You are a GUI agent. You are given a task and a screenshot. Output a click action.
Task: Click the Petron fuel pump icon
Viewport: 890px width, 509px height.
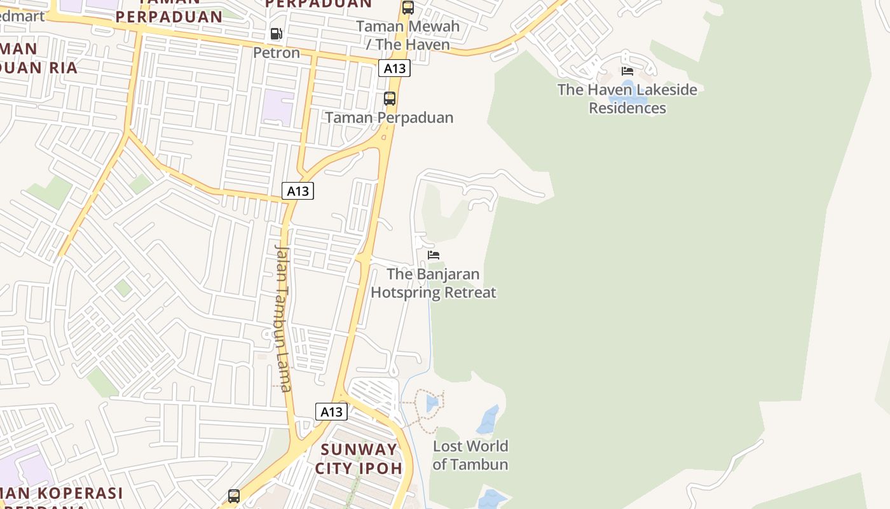coord(276,34)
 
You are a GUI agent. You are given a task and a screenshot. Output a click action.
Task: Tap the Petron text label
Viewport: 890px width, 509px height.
coord(277,52)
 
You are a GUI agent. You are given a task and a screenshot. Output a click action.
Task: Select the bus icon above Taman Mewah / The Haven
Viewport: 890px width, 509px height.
coord(408,8)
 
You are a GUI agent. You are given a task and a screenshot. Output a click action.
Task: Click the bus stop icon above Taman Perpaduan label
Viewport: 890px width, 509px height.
coord(390,99)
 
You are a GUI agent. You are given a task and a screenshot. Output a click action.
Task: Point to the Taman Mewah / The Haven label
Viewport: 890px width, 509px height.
coord(407,36)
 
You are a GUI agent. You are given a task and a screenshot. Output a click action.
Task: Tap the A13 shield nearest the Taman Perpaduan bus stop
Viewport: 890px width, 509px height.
coord(394,68)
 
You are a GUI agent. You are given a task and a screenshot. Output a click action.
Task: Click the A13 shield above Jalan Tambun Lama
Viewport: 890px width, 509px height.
coord(298,190)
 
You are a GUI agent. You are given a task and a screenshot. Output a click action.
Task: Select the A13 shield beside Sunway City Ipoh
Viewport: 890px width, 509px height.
coord(331,412)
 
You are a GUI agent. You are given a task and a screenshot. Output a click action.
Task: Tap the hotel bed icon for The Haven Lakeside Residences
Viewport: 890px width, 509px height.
coord(627,71)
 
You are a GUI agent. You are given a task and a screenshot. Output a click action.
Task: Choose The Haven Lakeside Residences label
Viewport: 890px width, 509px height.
coord(627,99)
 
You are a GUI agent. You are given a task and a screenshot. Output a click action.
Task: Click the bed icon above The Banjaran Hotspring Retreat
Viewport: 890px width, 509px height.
coord(434,255)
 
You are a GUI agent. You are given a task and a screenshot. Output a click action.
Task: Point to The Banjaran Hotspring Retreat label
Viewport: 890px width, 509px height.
coord(434,283)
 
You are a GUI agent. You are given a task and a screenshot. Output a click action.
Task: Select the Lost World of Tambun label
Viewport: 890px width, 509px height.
coord(470,455)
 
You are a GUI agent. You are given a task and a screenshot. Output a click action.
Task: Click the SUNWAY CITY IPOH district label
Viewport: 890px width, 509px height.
coord(359,459)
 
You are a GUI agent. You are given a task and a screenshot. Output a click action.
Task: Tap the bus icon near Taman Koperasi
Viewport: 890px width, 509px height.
coord(234,496)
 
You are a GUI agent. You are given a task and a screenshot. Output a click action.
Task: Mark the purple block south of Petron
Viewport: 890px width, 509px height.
coord(278,107)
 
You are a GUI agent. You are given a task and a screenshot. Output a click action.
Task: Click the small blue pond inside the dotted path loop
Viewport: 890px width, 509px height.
coord(432,403)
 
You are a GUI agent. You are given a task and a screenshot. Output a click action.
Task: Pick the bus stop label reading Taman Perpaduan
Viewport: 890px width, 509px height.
coord(390,118)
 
